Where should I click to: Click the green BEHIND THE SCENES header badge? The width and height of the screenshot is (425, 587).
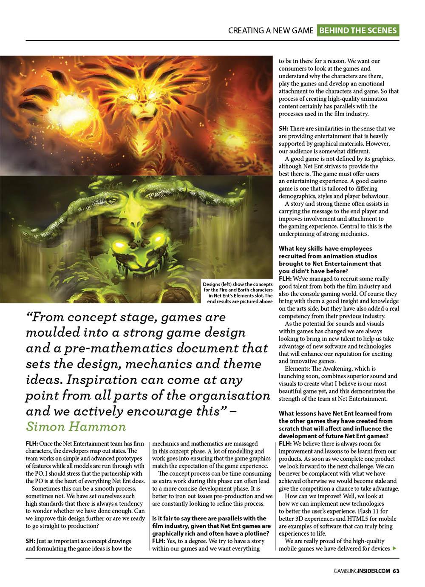(x=358, y=30)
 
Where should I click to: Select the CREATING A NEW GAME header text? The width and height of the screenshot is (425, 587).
(x=271, y=31)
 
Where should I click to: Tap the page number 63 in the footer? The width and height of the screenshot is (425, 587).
(x=396, y=571)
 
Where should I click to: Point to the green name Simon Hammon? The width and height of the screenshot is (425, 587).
(x=76, y=426)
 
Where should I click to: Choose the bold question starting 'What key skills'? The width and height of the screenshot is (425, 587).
(x=330, y=260)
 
